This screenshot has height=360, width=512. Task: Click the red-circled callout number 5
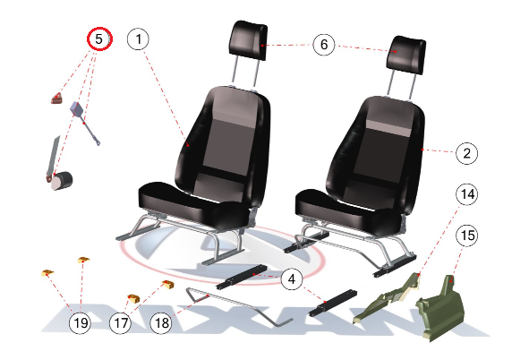[x=99, y=39]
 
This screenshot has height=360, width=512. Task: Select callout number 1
[x=138, y=39]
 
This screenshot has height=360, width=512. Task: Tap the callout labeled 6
[x=324, y=45]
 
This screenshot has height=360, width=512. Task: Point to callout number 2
[x=466, y=153]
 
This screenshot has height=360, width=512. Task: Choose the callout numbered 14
[x=466, y=194]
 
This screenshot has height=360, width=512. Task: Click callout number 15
[x=467, y=236]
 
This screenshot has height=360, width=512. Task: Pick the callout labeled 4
[x=291, y=279]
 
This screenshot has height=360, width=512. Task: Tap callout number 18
[x=161, y=322]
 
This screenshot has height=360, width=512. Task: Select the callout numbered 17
[x=120, y=322]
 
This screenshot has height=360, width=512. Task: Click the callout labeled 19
[x=80, y=322]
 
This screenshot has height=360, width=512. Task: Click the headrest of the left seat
[x=249, y=40]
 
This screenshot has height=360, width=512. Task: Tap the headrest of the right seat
[x=405, y=55]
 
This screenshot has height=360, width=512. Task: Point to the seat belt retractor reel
[x=62, y=180]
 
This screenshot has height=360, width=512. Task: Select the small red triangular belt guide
[x=56, y=99]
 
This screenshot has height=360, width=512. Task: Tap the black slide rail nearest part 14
[x=333, y=303]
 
